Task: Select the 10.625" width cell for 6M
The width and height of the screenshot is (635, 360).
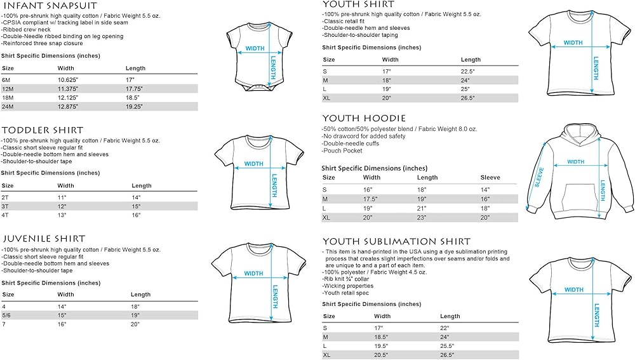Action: pos(69,80)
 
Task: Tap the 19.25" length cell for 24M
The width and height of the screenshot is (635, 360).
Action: pos(135,107)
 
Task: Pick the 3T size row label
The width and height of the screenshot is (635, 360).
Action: pos(7,206)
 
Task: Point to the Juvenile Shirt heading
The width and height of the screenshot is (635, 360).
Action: pos(43,239)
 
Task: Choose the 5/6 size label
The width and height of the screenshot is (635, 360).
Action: pos(7,315)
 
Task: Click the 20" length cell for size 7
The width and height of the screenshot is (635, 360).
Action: pos(135,324)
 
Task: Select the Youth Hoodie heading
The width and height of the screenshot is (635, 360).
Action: pos(364,118)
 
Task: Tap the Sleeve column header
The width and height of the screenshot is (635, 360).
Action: pos(490,178)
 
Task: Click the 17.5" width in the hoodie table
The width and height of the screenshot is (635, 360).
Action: pos(370,199)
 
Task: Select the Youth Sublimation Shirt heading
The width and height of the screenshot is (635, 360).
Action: pos(396,241)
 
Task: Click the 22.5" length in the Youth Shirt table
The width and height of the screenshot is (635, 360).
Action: pos(468,71)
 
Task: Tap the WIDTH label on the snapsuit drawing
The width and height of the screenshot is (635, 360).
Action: pos(255,48)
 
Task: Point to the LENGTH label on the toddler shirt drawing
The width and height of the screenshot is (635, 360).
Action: pos(274,186)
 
